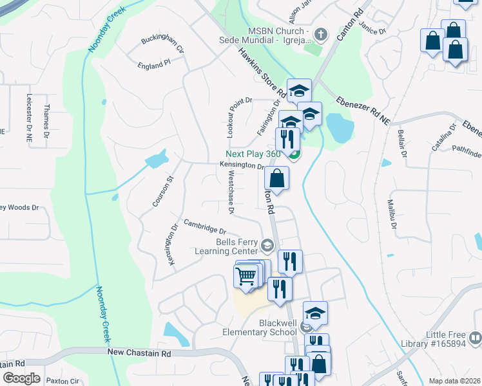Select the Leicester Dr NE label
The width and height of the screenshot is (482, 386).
click(x=29, y=113)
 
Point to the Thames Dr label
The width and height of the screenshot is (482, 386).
click(x=46, y=120)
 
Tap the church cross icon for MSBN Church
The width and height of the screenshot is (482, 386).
click(x=321, y=33)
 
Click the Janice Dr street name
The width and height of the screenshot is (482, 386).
click(x=372, y=30)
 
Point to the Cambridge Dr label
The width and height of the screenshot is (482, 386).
click(x=204, y=226)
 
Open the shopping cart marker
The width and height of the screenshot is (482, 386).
click(x=246, y=277)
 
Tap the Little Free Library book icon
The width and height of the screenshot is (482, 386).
click(x=474, y=336)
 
